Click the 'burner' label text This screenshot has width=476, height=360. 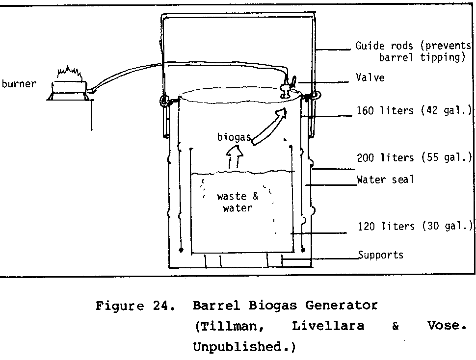(19, 84)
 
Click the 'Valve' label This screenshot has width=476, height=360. (370, 77)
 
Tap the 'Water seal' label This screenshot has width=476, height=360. (385, 180)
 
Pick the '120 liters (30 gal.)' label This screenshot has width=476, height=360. (415, 226)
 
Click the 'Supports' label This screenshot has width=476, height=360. (381, 255)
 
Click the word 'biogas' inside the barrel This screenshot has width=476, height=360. (234, 137)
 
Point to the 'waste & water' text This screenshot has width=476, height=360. (238, 202)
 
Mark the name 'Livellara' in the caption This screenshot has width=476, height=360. (328, 327)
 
